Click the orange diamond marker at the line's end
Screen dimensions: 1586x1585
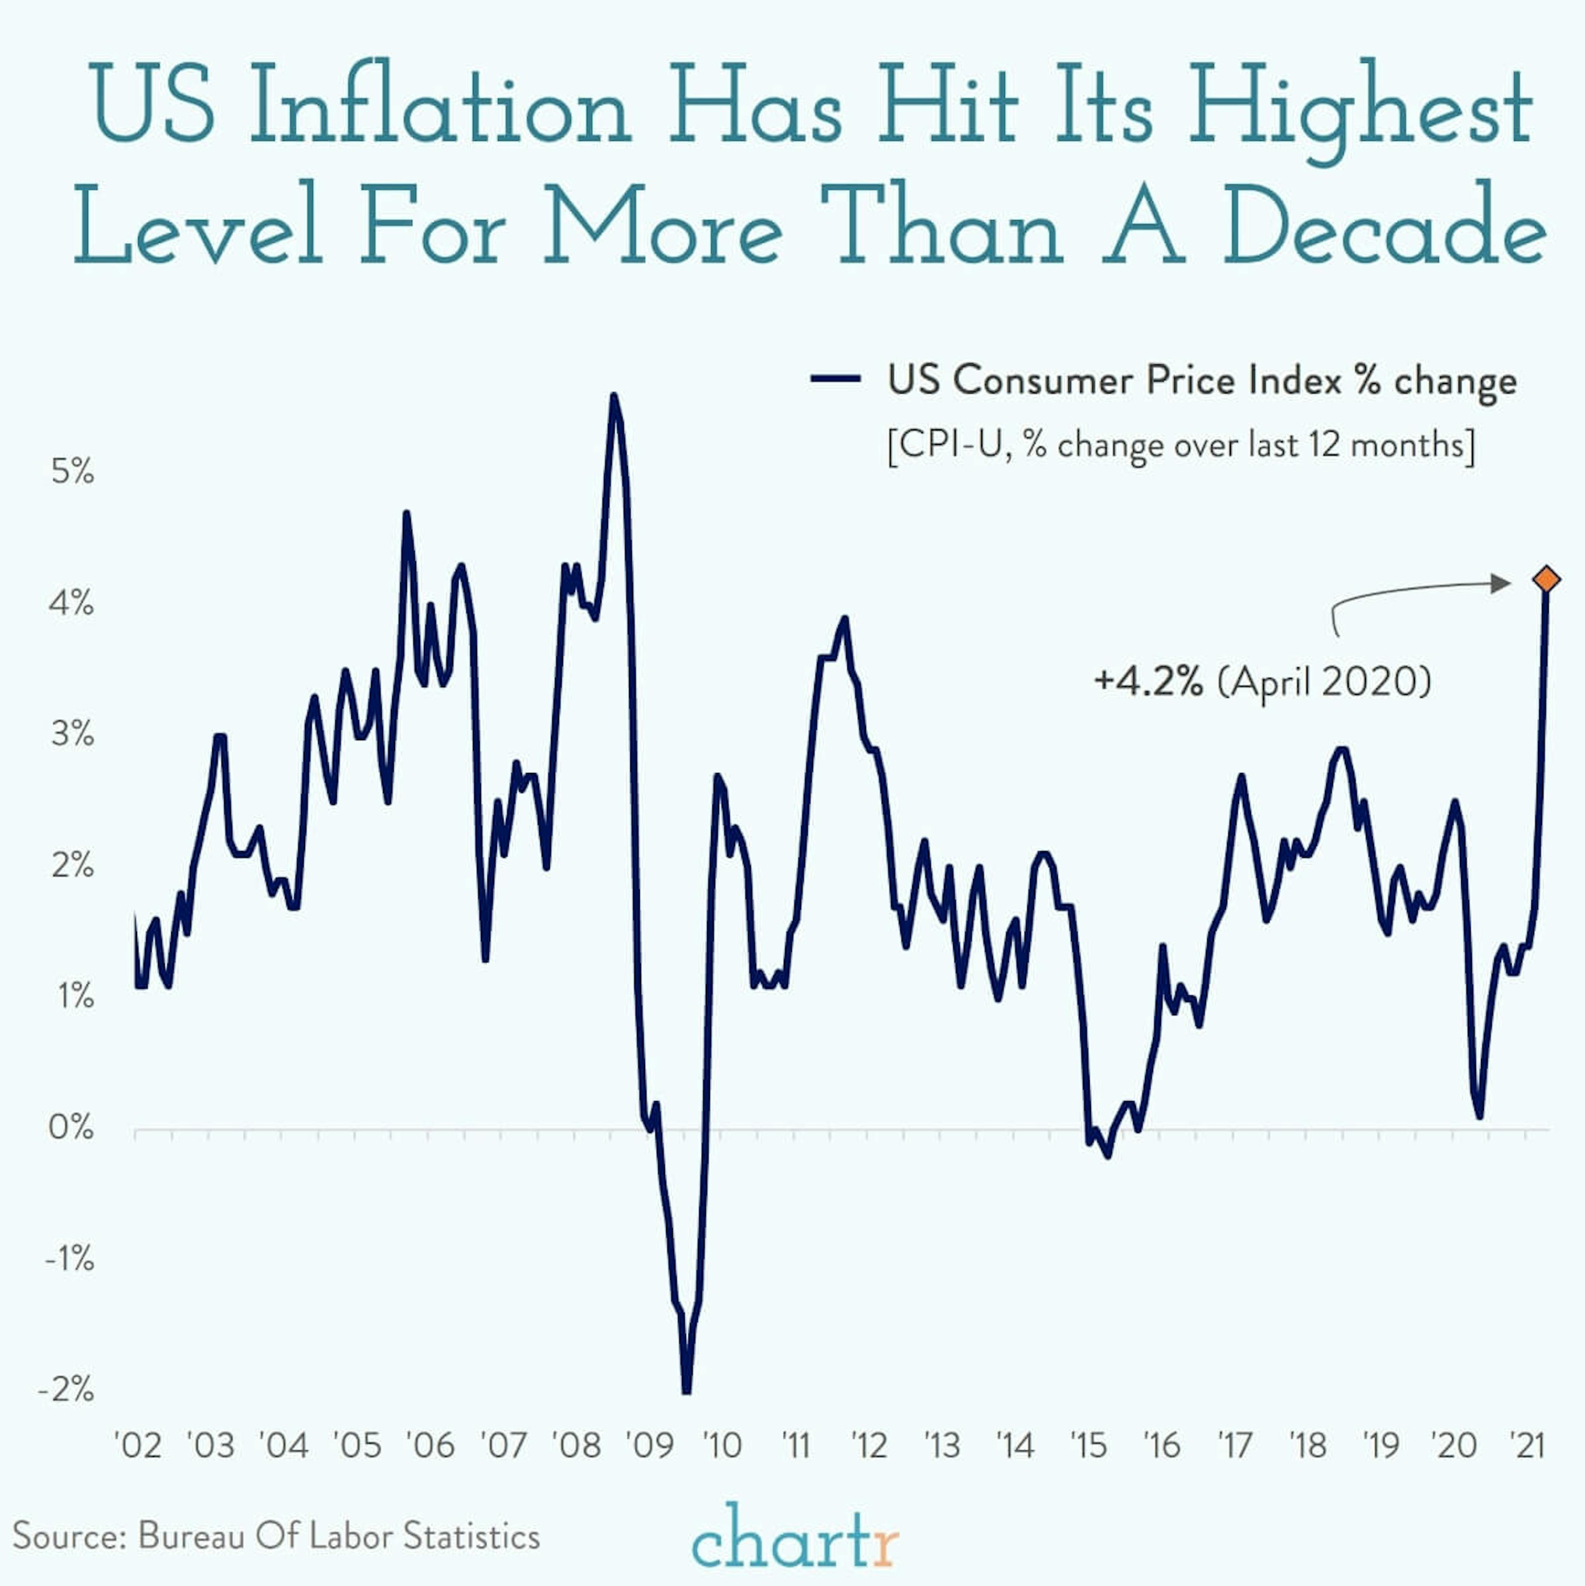click(x=1546, y=579)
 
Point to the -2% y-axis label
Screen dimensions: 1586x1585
click(x=66, y=1390)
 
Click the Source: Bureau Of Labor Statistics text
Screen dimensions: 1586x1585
click(x=276, y=1535)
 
